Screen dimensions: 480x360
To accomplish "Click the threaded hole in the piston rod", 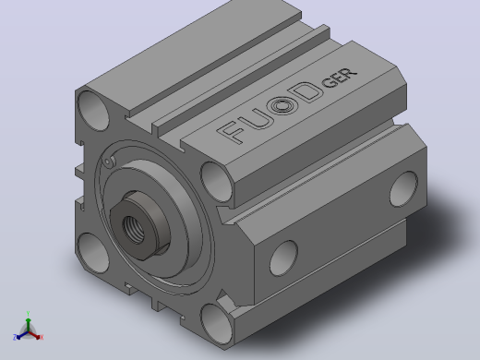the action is tap(134, 228).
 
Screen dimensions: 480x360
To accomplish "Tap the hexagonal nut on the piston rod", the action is tap(140, 224).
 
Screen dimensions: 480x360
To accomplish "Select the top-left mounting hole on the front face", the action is tap(93, 111).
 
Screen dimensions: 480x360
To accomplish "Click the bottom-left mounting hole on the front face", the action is tap(92, 253).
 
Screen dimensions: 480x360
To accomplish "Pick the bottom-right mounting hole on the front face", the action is tap(217, 324).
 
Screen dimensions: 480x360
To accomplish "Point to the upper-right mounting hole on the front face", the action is tap(216, 182).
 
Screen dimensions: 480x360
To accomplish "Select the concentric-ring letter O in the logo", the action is tap(283, 105).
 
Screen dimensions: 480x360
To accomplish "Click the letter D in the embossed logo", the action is tap(305, 92).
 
